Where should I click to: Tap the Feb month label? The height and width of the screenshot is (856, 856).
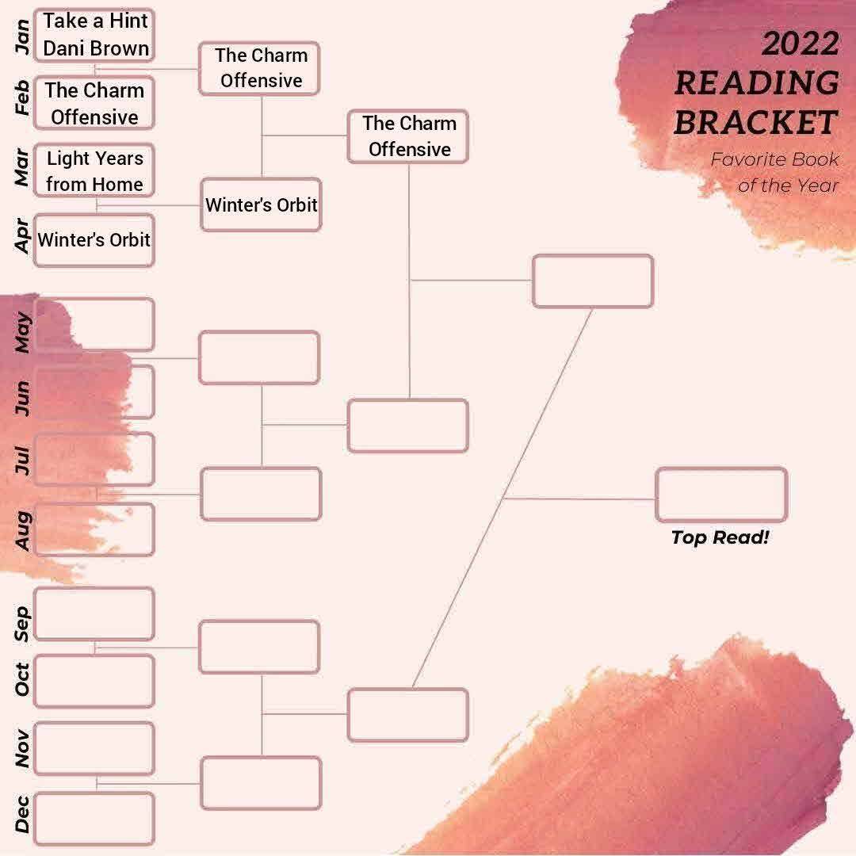pyautogui.click(x=22, y=97)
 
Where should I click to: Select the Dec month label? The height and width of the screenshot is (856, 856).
pyautogui.click(x=22, y=813)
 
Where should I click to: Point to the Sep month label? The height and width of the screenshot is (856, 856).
pyautogui.click(x=22, y=624)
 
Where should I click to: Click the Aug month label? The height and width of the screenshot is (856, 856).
pyautogui.click(x=22, y=530)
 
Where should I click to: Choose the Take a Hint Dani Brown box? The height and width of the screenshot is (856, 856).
pyautogui.click(x=94, y=35)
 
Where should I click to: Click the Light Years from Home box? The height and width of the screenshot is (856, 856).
pyautogui.click(x=94, y=170)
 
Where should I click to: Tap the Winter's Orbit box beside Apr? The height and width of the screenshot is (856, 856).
pyautogui.click(x=94, y=240)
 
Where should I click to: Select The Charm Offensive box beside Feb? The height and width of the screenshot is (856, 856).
pyautogui.click(x=94, y=103)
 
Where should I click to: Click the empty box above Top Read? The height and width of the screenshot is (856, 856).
pyautogui.click(x=721, y=494)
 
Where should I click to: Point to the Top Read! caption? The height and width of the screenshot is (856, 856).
pyautogui.click(x=720, y=537)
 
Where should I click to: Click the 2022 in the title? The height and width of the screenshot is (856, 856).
pyautogui.click(x=801, y=44)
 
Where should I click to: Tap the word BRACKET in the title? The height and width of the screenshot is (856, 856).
pyautogui.click(x=756, y=122)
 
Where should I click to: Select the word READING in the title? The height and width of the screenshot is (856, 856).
pyautogui.click(x=757, y=83)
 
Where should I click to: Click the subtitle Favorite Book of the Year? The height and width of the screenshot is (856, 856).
pyautogui.click(x=774, y=172)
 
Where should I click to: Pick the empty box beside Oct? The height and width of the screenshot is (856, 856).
pyautogui.click(x=94, y=682)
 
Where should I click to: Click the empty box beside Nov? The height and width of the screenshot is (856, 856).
pyautogui.click(x=94, y=748)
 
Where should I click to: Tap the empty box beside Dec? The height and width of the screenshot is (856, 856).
pyautogui.click(x=94, y=818)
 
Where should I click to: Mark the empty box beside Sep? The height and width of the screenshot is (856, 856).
pyautogui.click(x=94, y=613)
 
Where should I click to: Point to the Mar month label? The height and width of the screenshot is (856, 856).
pyautogui.click(x=22, y=167)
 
